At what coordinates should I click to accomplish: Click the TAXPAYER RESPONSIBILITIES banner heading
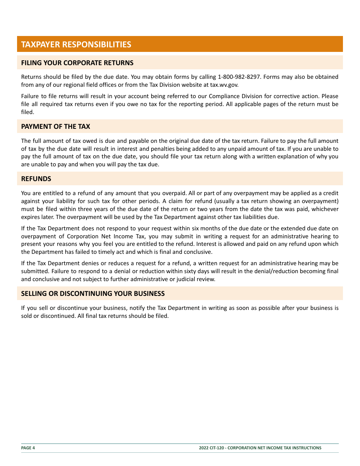76,44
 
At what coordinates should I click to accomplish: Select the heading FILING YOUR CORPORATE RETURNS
77,63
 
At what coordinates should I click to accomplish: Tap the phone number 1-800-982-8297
239,77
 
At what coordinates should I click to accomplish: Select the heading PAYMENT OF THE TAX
56,127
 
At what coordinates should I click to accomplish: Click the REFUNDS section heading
36,179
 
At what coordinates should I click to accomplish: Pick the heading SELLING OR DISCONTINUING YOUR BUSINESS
93,294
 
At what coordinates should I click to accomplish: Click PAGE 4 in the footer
28,448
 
